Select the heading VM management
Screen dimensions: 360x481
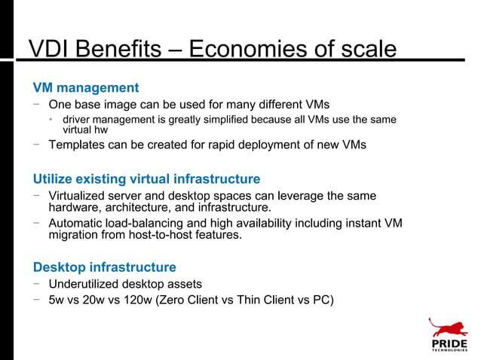pos(85,88)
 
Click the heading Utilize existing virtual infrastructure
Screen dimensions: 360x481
pos(146,179)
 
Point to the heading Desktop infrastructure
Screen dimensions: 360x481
pos(104,267)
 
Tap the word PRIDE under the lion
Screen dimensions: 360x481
pos(449,344)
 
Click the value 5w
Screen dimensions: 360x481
pos(57,300)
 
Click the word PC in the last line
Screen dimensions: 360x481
pos(318,300)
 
